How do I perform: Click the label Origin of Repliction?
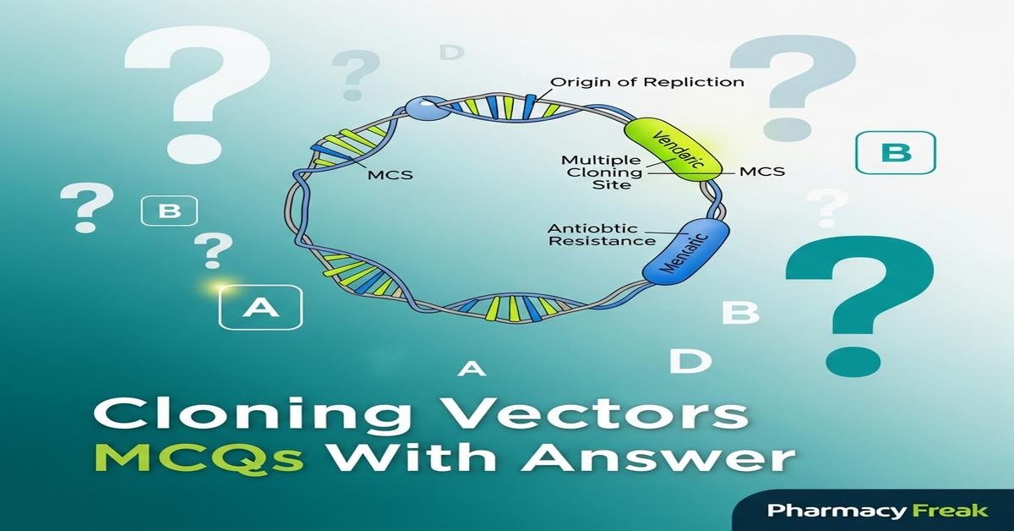tap(647, 82)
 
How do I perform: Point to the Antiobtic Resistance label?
tap(602, 234)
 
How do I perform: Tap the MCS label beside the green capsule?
tap(761, 172)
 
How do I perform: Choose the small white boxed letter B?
tap(170, 211)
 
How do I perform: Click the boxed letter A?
tap(260, 308)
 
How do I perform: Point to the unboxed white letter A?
tap(473, 369)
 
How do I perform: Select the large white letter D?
tap(690, 361)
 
